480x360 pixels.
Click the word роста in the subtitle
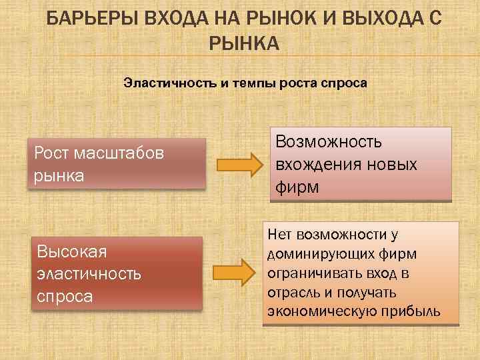(x=298, y=84)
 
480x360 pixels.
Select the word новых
(x=393, y=165)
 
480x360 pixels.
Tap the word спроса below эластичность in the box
(x=65, y=296)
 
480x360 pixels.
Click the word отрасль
(x=291, y=293)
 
